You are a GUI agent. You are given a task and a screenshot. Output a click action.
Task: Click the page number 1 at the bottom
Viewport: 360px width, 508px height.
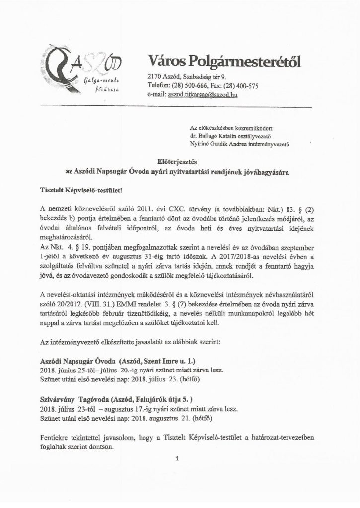point(176,460)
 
